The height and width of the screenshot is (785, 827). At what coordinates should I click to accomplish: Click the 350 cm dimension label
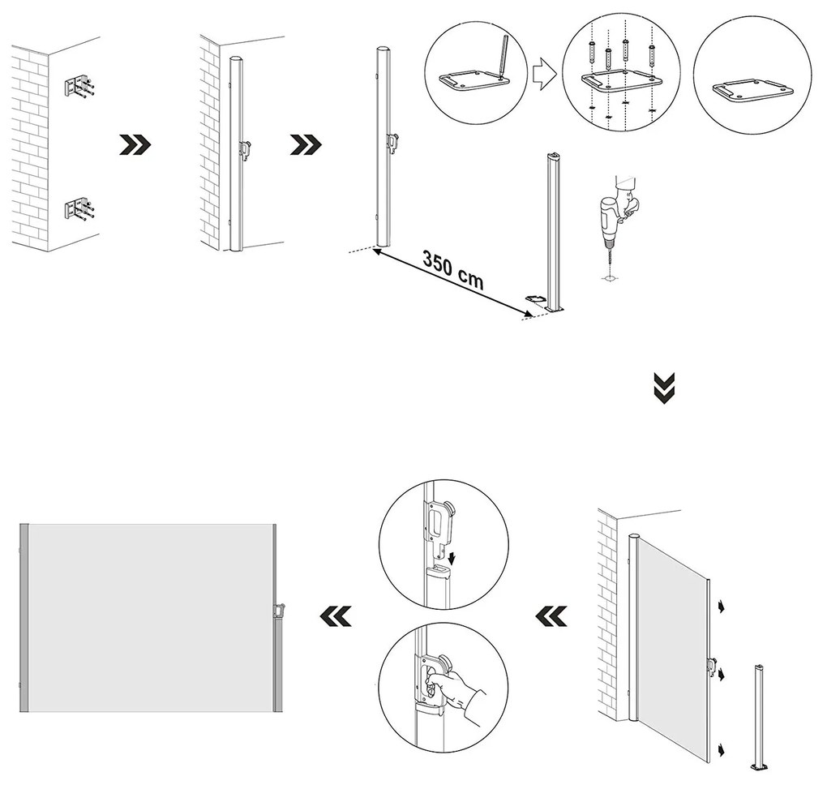[452, 270]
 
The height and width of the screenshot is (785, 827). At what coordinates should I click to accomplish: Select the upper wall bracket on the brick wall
[79, 87]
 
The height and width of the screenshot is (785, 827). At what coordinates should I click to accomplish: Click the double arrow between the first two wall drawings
[135, 144]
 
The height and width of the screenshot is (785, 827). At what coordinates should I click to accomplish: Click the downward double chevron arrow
[664, 388]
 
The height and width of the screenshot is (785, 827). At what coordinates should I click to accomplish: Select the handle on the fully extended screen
[281, 609]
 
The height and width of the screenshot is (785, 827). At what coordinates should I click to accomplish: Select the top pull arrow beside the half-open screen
[720, 605]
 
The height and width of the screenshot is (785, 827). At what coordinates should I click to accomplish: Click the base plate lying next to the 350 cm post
[536, 299]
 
